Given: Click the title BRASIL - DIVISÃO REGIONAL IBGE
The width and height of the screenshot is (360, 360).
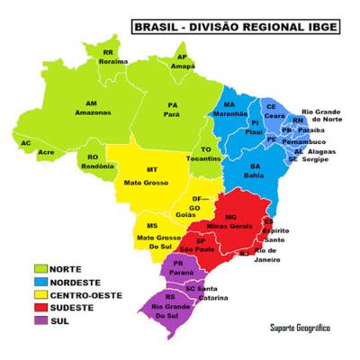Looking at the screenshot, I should tap(236, 28).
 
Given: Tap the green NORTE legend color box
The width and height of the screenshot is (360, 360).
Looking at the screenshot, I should tap(40, 268).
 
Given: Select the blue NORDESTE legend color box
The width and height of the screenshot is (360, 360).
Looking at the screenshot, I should tap(40, 281).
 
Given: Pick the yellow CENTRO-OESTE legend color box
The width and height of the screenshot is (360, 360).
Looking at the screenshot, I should tap(40, 293).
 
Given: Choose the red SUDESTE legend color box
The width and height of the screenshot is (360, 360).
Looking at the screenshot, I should tap(40, 306).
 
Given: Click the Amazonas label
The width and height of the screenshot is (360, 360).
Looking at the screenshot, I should tap(91, 111).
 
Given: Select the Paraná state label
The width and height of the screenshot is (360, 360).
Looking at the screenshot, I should tap(178, 267).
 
